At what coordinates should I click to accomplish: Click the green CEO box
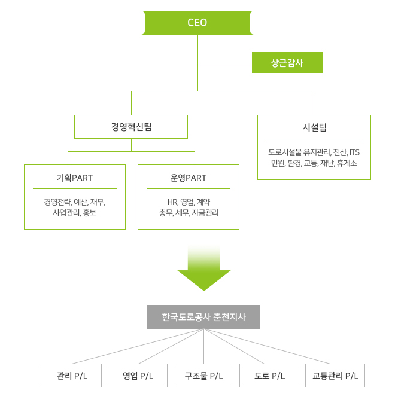197,23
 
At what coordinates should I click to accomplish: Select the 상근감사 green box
287,63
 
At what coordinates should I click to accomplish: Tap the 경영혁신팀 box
131,127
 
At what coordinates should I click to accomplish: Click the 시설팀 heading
314,127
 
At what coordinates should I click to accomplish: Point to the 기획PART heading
75,178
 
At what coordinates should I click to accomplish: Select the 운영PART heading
189,178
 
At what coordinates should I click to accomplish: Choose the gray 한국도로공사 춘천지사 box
203,317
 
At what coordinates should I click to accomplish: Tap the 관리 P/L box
72,376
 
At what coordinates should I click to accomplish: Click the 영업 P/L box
138,376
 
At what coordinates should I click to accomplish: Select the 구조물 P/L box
203,376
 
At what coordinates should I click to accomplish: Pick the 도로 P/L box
269,376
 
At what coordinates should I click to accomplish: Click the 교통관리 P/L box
335,376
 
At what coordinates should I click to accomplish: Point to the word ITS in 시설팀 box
354,152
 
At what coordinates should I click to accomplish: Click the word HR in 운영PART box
173,202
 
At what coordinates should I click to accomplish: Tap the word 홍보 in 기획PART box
89,212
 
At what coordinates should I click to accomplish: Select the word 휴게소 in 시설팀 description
347,163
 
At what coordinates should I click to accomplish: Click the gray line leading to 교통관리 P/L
269,347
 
